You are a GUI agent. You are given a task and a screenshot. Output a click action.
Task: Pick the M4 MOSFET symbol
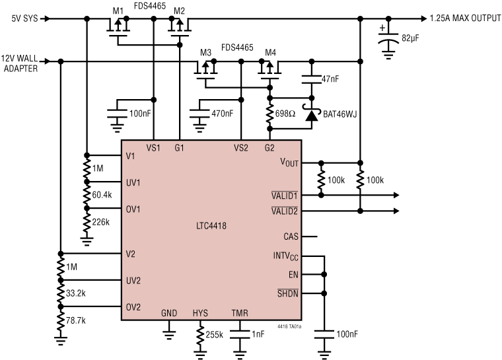click(x=269, y=68)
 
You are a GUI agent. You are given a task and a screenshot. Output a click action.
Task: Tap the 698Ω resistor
click(x=270, y=114)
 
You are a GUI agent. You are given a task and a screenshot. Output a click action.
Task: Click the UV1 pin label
click(x=133, y=183)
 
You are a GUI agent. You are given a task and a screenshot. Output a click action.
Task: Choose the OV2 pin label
click(x=133, y=306)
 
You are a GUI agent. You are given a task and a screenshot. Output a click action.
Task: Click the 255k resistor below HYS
click(x=200, y=336)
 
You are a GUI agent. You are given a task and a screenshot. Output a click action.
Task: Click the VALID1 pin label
click(x=285, y=196)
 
